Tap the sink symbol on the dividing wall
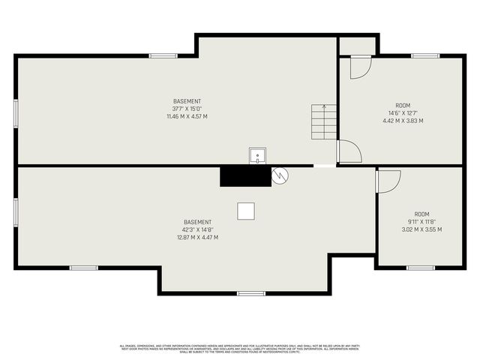click(257, 156)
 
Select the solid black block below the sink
click(244, 176)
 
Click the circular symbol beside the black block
click(280, 175)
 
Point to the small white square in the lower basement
click(246, 211)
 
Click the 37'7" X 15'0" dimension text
click(187, 109)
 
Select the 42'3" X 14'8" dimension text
click(197, 229)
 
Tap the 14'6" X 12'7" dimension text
click(403, 113)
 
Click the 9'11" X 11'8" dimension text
click(421, 222)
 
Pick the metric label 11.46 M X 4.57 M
click(187, 116)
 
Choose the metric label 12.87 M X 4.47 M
click(197, 237)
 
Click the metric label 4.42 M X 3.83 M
click(403, 121)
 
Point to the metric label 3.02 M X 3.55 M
click(421, 229)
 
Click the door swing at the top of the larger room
click(360, 66)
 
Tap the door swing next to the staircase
click(349, 151)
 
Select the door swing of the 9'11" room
click(388, 181)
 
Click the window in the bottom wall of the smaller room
click(421, 267)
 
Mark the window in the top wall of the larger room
click(424, 55)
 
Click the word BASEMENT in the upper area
click(187, 101)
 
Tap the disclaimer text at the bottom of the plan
click(240, 348)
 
